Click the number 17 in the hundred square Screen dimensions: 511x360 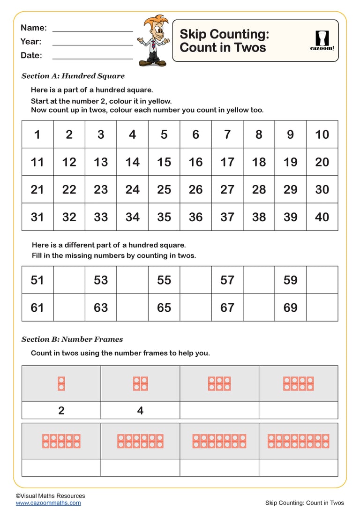[x=227, y=162]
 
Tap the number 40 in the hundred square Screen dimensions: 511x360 [x=322, y=217]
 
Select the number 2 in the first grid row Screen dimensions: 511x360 [x=69, y=135]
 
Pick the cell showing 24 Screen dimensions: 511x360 [x=133, y=189]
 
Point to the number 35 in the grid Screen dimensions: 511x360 [x=164, y=217]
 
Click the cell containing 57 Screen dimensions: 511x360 [x=227, y=280]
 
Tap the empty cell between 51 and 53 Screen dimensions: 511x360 [x=69, y=280]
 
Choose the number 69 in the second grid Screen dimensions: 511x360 [x=291, y=308]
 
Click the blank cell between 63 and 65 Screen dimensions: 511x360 [x=133, y=308]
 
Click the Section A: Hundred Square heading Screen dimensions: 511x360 [x=73, y=76]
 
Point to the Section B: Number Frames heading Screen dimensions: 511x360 [x=72, y=339]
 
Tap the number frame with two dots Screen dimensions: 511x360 [x=61, y=383]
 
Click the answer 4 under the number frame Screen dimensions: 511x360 [x=140, y=411]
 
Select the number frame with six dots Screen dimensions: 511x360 [x=219, y=383]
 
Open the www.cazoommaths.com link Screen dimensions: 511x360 [x=48, y=503]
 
